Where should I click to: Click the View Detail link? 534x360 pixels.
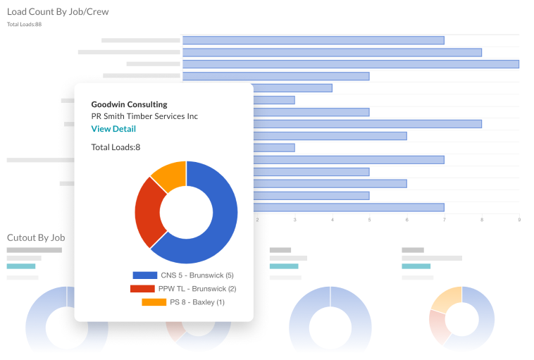[113, 129]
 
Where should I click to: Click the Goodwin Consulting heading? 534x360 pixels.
[129, 104]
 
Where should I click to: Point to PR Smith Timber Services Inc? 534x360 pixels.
[144, 116]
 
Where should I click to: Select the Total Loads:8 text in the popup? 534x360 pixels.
[116, 147]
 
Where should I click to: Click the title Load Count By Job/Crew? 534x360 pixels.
[58, 12]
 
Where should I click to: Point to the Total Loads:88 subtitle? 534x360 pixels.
[25, 25]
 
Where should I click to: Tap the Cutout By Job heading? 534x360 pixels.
[36, 237]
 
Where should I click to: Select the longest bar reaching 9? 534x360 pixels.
[350, 64]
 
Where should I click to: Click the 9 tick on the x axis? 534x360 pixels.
[519, 220]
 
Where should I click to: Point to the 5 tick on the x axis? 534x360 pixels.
[369, 220]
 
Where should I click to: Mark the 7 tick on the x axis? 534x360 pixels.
[445, 220]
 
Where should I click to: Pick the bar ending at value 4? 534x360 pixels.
[292, 88]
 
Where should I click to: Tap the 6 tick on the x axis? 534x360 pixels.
[406, 220]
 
